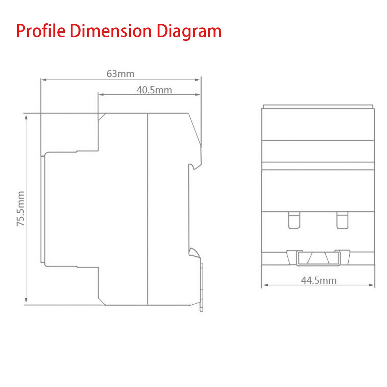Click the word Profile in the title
[x=41, y=31]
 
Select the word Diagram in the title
[x=189, y=32]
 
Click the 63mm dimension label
[x=120, y=74]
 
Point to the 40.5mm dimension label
[x=154, y=90]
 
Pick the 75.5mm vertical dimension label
[x=21, y=209]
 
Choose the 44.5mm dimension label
[x=318, y=280]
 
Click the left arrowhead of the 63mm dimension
[x=44, y=80]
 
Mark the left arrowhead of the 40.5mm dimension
[x=100, y=94]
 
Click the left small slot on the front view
[x=294, y=220]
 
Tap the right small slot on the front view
[x=342, y=220]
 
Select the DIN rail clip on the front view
[x=318, y=258]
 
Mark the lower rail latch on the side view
[x=193, y=252]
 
